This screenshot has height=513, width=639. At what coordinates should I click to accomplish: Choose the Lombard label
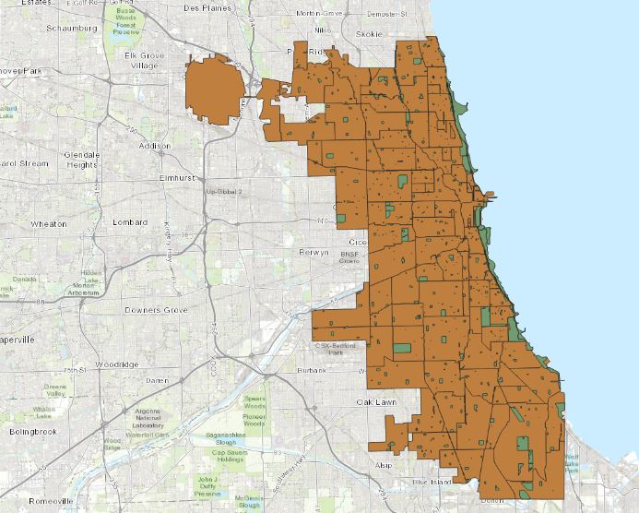tap(129, 222)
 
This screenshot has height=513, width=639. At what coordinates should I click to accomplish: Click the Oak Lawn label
tap(377, 402)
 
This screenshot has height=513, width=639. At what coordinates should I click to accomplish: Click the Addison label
tap(153, 146)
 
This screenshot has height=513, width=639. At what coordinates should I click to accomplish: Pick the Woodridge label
tap(116, 364)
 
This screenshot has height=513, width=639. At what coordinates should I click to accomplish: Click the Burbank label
tap(313, 371)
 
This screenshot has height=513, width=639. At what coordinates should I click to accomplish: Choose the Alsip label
tap(384, 466)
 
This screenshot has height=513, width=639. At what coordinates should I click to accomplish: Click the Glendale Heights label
tap(82, 159)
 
